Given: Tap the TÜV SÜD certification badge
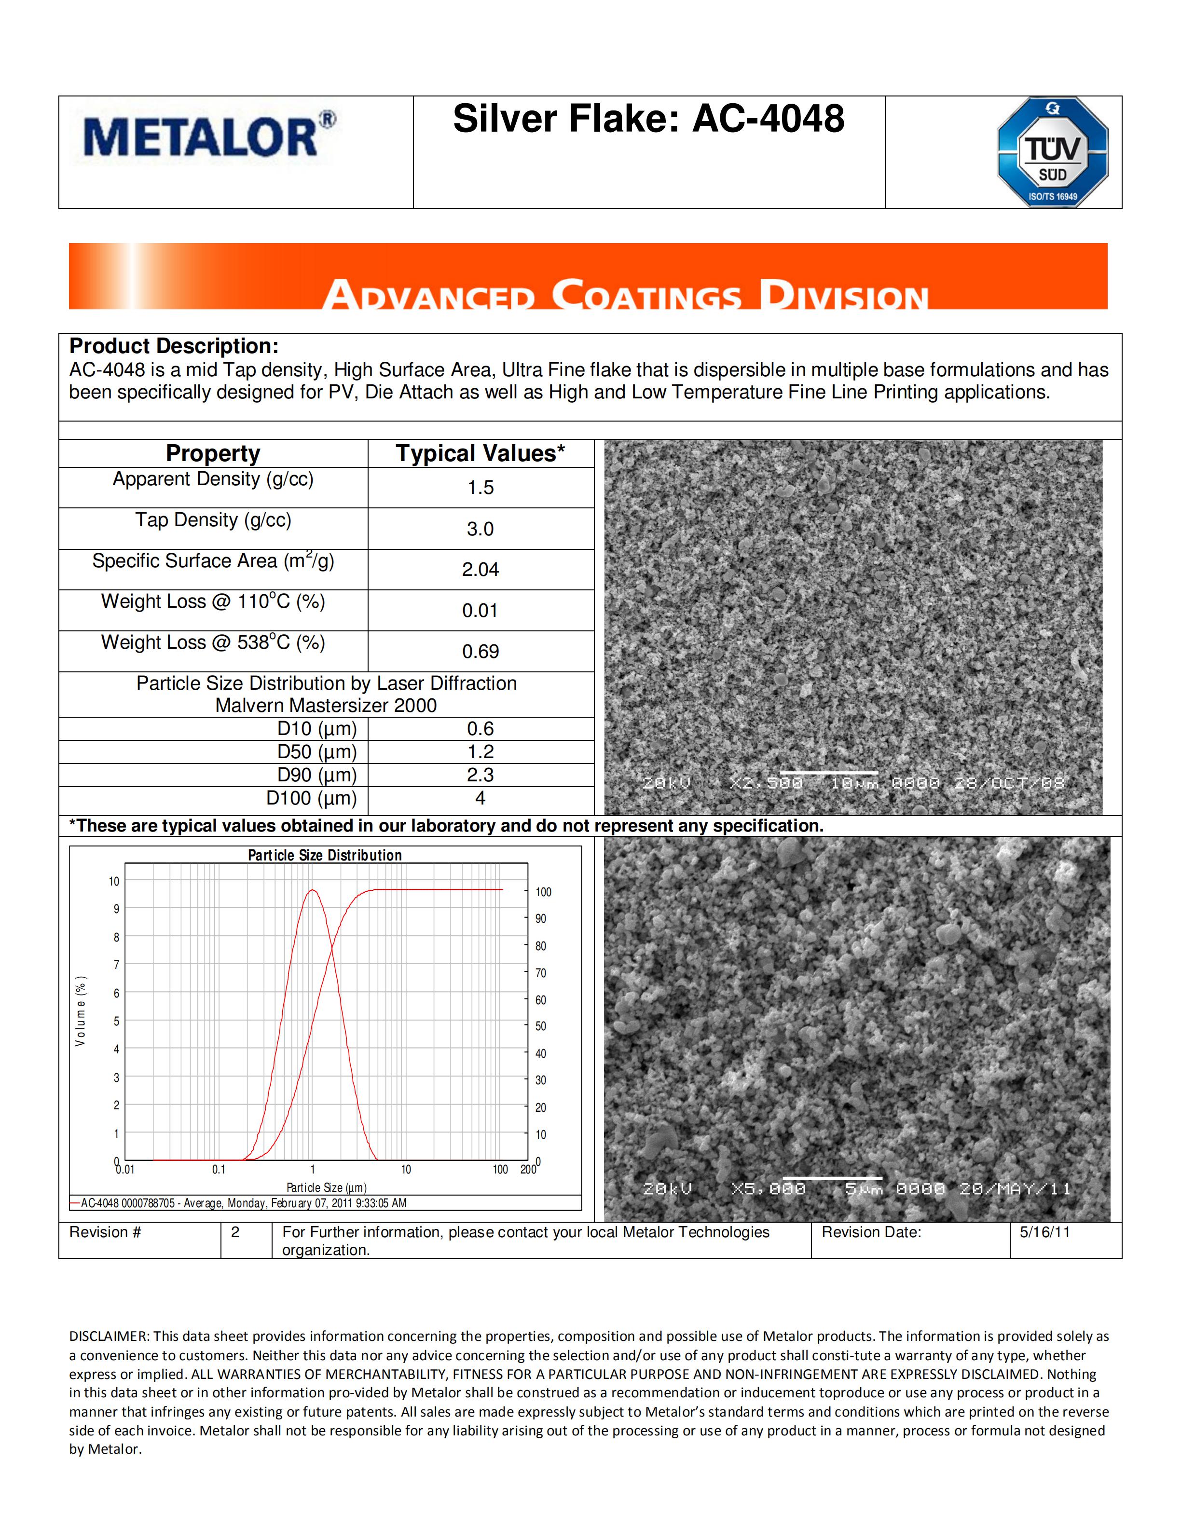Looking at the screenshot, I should [x=1052, y=152].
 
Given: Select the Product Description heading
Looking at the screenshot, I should [x=174, y=346].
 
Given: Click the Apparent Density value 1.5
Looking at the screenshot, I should [x=481, y=488].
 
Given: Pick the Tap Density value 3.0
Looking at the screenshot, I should [x=481, y=529].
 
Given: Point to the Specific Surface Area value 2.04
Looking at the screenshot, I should [x=481, y=570].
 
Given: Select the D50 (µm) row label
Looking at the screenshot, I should [x=317, y=752].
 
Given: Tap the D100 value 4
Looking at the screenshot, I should [x=481, y=798].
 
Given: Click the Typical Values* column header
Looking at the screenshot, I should [x=481, y=453].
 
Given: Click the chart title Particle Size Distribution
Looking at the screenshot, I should [x=325, y=855].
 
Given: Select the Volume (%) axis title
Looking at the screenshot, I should [x=81, y=1011].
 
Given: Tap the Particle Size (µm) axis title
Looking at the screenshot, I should [x=326, y=1187].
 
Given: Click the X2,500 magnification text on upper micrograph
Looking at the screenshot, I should [x=766, y=783].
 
